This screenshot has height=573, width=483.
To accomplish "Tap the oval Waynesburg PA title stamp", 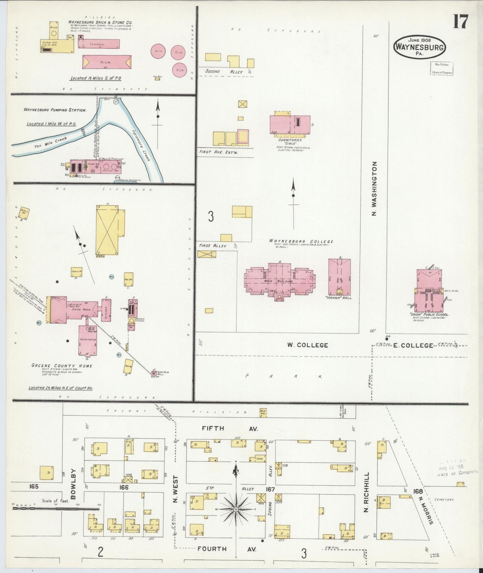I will pos(420,47).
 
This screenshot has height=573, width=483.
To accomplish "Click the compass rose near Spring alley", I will pos(236,509).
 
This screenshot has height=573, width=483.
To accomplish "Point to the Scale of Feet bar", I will pos(55,509).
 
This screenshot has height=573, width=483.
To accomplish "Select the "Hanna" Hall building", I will pos(339,277).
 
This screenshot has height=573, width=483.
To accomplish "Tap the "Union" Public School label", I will pos(429,315).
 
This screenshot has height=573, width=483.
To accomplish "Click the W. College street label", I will pos(307,345).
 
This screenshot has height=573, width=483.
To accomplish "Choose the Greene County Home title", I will pos(62,366).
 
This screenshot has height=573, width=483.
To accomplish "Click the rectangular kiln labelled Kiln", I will pos(107,62).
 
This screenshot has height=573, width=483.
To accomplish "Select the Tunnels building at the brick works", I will pos(99,43).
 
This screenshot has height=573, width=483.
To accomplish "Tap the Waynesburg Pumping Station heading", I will pos(55,110).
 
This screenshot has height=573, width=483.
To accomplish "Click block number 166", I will pos(124,487).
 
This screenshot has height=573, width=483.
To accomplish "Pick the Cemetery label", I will pos(444,499).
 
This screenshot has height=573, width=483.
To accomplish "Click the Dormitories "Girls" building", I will pos(290,125).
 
